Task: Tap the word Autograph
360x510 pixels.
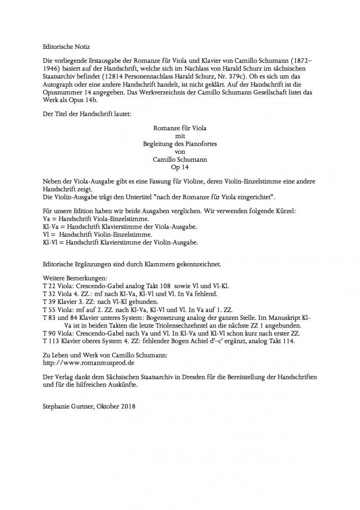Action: point(62,94)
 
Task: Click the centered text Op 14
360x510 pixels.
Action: point(179,166)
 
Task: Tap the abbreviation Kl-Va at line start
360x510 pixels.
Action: point(50,226)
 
